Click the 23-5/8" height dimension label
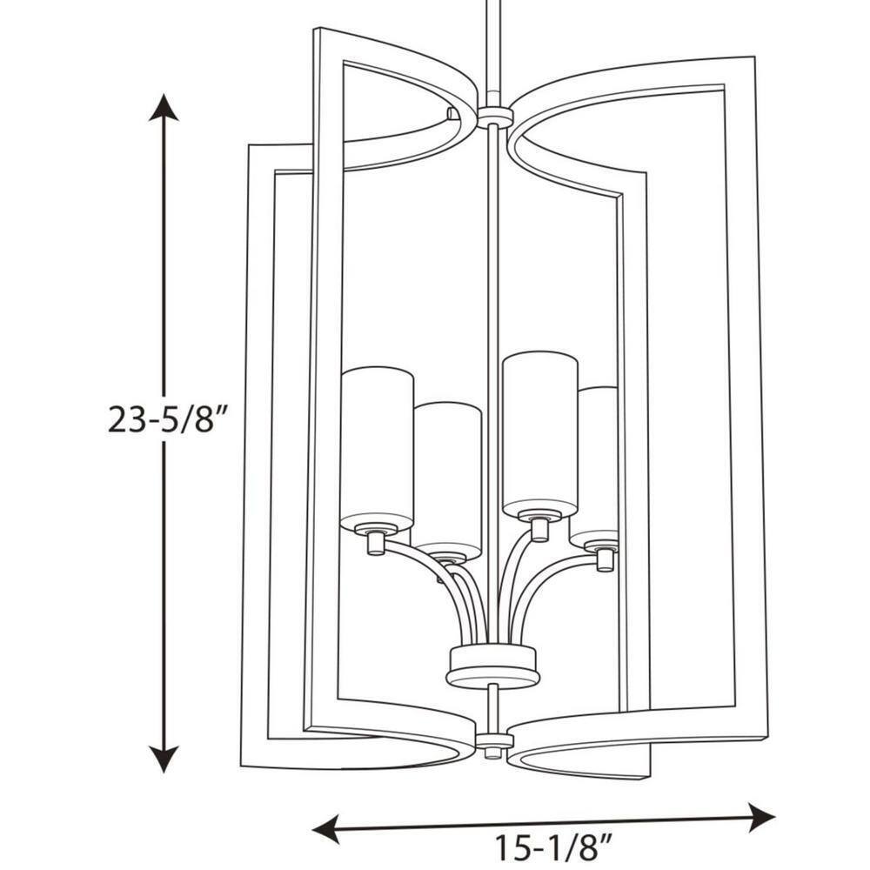(161, 418)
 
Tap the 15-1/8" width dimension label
(552, 847)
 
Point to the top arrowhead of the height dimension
(164, 107)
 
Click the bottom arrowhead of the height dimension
(164, 759)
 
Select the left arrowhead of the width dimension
(325, 831)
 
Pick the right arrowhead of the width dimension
(760, 816)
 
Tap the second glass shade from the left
(448, 480)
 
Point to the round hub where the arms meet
(492, 666)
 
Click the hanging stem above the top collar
(492, 53)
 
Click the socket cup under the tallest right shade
(539, 527)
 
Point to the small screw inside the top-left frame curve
(452, 113)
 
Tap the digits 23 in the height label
(125, 419)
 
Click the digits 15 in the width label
(511, 847)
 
